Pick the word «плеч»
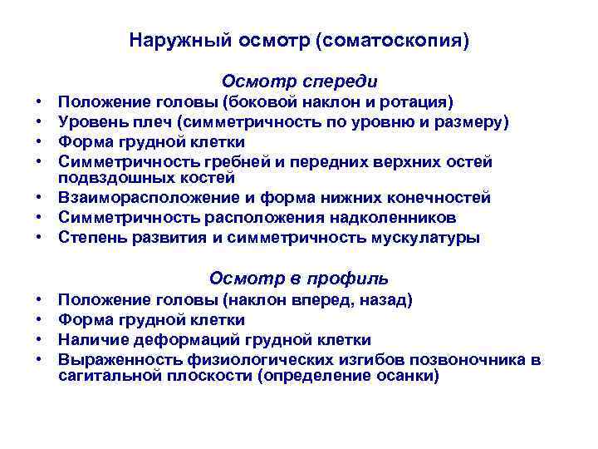click(143, 122)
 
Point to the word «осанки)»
click(409, 375)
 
